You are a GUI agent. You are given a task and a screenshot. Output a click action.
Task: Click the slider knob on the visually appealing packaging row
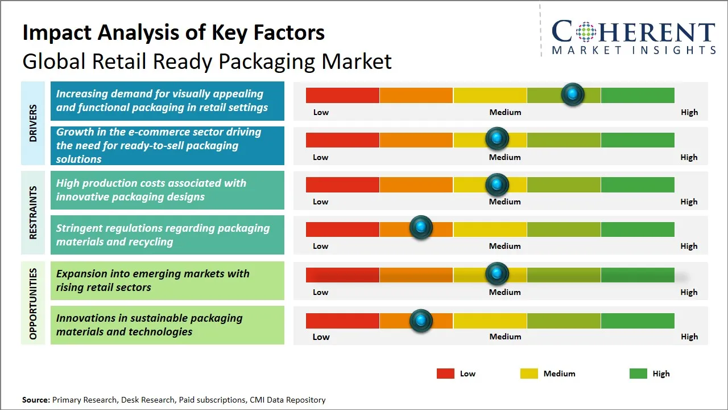[x=573, y=94]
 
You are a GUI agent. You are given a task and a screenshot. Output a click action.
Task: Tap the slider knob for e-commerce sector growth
[x=497, y=138]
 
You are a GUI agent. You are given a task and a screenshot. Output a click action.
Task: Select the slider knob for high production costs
[x=497, y=184]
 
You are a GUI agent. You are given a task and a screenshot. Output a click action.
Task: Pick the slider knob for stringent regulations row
[x=421, y=228]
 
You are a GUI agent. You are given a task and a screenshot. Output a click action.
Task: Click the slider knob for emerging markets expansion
[x=497, y=274]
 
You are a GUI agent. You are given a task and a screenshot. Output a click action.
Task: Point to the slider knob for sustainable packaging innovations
[x=421, y=321]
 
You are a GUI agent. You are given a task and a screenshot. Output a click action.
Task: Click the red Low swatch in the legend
[x=445, y=374]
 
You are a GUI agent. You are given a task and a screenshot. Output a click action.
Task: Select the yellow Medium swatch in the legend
[x=529, y=374]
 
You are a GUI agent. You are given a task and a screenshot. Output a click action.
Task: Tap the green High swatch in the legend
[x=638, y=374]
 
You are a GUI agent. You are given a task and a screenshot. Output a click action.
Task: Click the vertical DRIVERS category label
[x=33, y=124]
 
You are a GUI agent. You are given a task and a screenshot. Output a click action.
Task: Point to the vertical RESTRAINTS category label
[x=33, y=212]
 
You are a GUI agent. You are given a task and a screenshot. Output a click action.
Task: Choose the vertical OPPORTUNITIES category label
[x=33, y=304]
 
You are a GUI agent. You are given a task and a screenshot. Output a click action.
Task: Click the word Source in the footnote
[x=35, y=400]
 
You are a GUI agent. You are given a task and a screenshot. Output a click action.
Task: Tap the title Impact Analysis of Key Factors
[x=173, y=32]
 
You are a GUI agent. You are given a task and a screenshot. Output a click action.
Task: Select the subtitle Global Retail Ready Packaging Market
[x=207, y=61]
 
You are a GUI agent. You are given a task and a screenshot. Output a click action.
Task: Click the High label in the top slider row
[x=689, y=112]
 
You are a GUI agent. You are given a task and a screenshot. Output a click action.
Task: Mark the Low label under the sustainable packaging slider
[x=321, y=337]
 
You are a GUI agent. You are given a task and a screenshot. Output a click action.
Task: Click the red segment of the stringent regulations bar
[x=342, y=229]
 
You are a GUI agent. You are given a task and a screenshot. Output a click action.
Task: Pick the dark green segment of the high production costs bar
[x=637, y=184]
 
